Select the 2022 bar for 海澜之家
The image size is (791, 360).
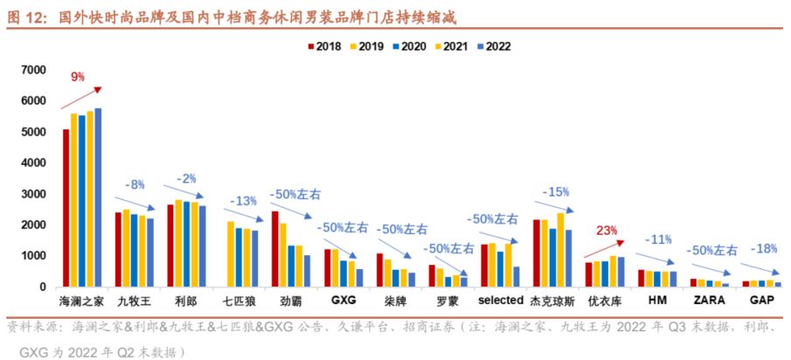pyautogui.click(x=98, y=197)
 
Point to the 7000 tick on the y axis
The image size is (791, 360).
pyautogui.click(x=33, y=70)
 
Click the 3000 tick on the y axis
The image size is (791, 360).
pyautogui.click(x=33, y=194)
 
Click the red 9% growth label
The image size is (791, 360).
pyautogui.click(x=78, y=77)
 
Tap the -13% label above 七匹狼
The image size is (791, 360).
pyautogui.click(x=242, y=200)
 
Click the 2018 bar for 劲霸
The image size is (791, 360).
pyautogui.click(x=274, y=249)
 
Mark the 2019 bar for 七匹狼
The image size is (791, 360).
pyautogui.click(x=231, y=254)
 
